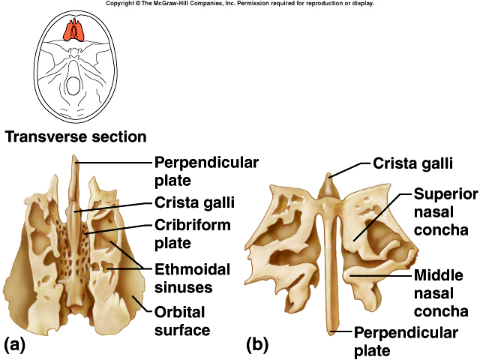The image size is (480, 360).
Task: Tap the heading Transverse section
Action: pyautogui.click(x=75, y=136)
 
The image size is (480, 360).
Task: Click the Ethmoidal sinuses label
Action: pyautogui.click(x=192, y=277)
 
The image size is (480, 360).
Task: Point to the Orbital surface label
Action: pyautogui.click(x=181, y=320)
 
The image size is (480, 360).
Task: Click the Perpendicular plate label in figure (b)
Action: pyautogui.click(x=406, y=341)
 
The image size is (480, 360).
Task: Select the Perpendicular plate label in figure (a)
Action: pyautogui.click(x=206, y=171)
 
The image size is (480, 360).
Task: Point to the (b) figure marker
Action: pyautogui.click(x=257, y=345)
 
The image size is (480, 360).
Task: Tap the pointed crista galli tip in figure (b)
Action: pyautogui.click(x=327, y=174)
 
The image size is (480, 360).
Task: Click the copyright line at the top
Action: pyautogui.click(x=240, y=4)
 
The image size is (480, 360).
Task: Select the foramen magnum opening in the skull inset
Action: pyautogui.click(x=73, y=86)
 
